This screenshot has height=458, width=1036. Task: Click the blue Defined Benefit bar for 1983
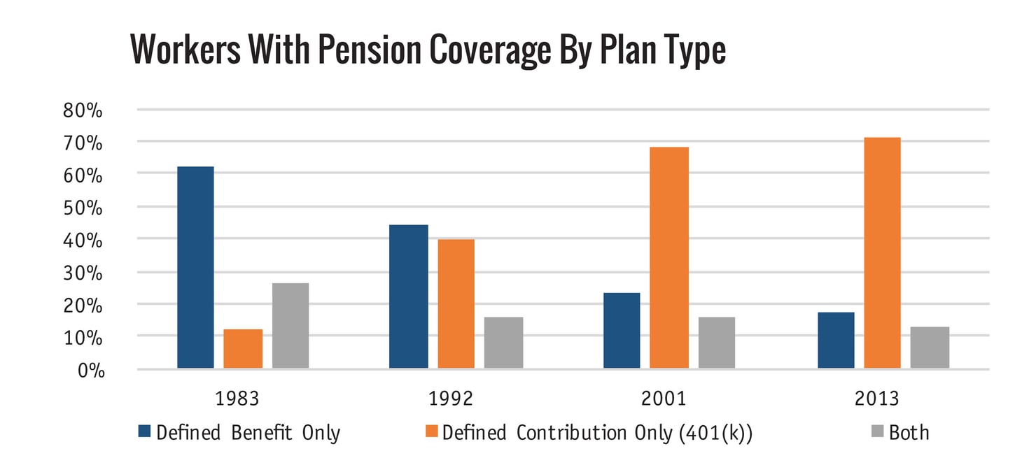point(195,267)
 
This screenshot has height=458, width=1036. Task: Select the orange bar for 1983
point(243,348)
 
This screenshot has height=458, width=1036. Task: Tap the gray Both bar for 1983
point(290,325)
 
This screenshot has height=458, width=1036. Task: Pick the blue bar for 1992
point(408,296)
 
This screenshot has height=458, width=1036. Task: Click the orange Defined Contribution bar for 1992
point(456,303)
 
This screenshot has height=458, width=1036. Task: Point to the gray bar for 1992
point(503,343)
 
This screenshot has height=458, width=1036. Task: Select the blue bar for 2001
point(622,330)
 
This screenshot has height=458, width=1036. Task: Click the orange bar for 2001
point(669,257)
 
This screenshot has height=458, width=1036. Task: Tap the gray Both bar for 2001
point(717,343)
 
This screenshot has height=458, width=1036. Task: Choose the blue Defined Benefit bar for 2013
point(836,340)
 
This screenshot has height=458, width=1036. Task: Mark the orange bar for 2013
point(882,252)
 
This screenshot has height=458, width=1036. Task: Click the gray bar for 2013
point(930,348)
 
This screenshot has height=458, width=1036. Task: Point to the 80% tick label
point(83,110)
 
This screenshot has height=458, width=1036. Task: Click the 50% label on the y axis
point(83,208)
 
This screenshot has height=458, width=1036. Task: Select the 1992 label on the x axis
point(451,399)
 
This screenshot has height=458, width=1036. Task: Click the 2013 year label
point(877,399)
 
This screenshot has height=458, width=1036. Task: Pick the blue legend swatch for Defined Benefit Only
point(145,433)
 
